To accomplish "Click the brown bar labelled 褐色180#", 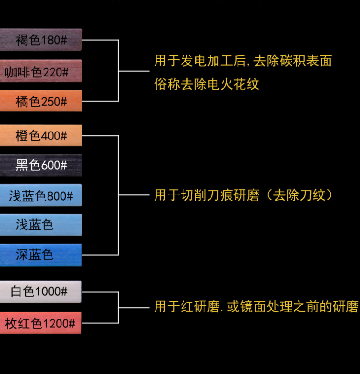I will click(x=41, y=40).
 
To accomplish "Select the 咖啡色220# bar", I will click(x=41, y=71).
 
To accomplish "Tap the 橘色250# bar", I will click(x=41, y=101).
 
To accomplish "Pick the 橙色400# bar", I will click(x=41, y=136).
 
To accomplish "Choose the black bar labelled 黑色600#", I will click(x=41, y=165).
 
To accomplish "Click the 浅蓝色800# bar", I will click(x=41, y=195).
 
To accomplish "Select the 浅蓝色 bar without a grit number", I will click(x=41, y=225).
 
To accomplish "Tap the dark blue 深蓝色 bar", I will click(x=41, y=255).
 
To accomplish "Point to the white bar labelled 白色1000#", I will click(x=41, y=292).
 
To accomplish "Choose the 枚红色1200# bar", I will click(x=41, y=323).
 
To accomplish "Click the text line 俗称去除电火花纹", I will click(x=207, y=84).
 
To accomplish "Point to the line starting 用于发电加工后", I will click(x=243, y=61).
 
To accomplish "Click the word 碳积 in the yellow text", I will click(x=293, y=61).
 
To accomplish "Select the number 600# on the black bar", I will click(x=54, y=165).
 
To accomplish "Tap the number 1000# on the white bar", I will click(x=52, y=292).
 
